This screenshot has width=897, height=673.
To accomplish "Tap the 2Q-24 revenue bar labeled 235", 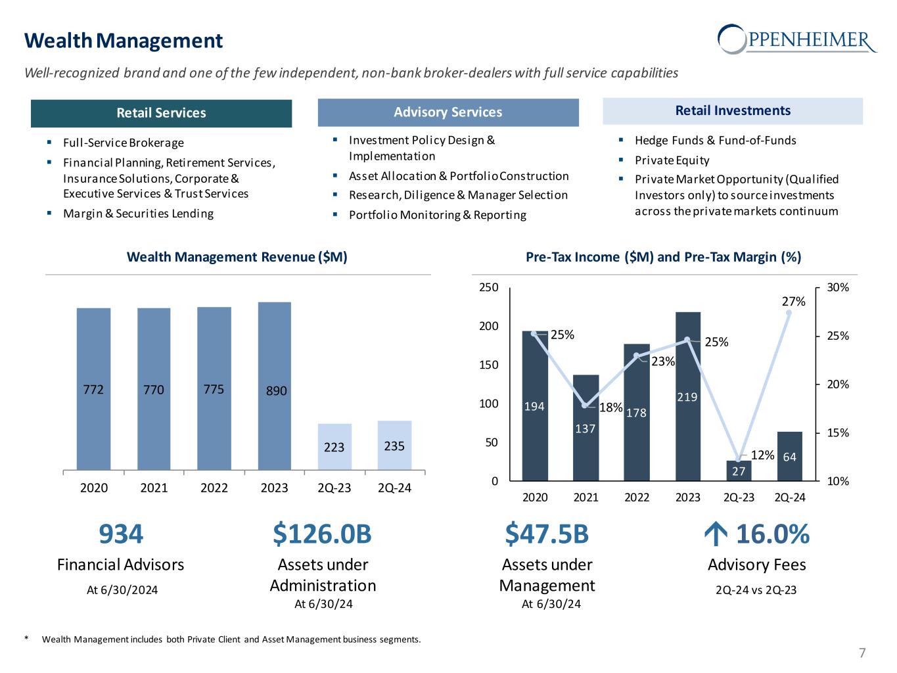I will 394,446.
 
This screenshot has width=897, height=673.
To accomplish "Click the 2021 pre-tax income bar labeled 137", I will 586,427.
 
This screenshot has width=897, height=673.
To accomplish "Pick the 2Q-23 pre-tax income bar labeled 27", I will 739,471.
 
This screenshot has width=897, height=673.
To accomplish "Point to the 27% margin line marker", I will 789,313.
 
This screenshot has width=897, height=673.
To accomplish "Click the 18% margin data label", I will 611,407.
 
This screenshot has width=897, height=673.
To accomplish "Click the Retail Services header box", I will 161,113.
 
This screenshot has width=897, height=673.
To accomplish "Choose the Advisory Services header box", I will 448,112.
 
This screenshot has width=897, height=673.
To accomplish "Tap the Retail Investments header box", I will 733,111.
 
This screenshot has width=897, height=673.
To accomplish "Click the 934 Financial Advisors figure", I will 121,534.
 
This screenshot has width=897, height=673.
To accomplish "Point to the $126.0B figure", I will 322,534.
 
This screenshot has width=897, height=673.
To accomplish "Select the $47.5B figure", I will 547,534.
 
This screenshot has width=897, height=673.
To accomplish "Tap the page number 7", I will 862,653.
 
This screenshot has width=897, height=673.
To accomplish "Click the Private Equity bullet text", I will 672,160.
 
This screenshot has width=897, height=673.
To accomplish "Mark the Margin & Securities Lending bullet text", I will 138,214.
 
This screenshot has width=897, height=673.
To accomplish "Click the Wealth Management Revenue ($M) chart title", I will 237,257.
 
